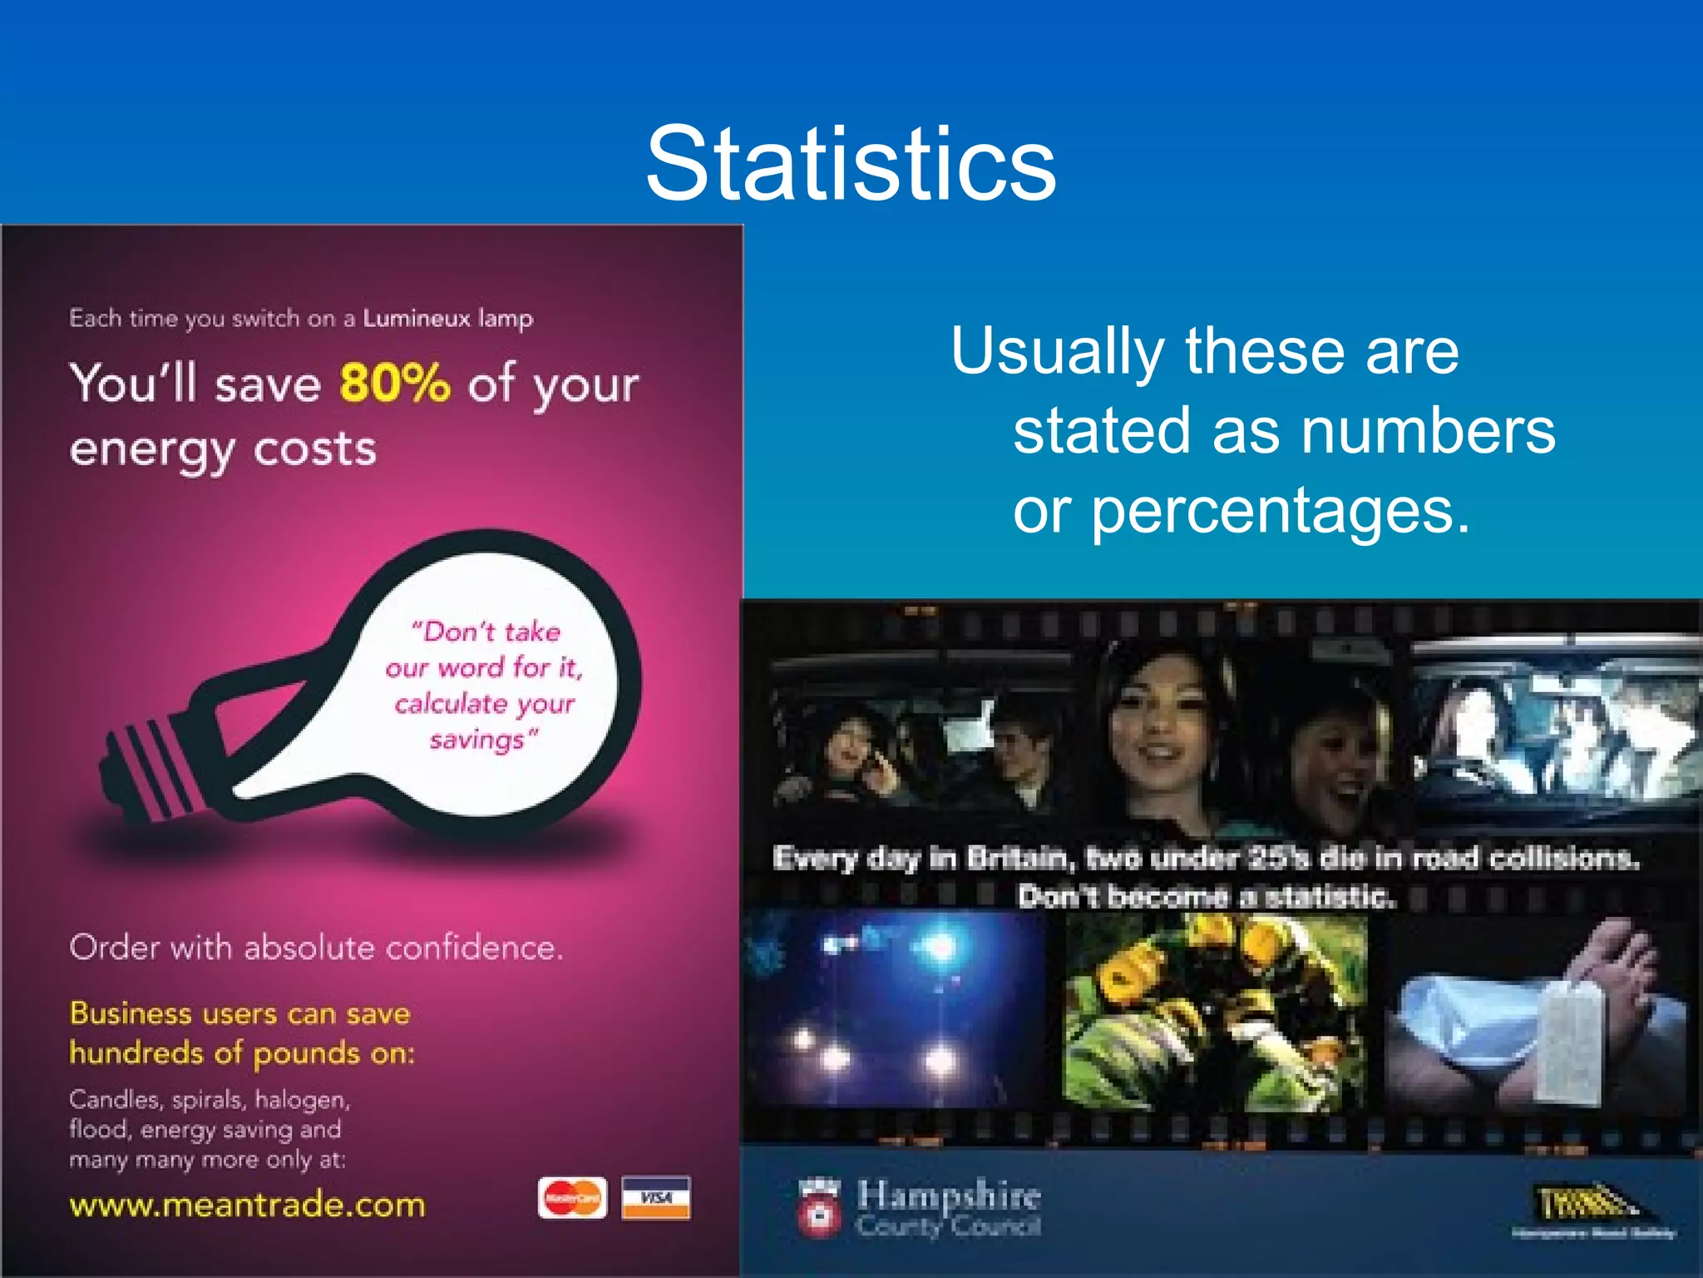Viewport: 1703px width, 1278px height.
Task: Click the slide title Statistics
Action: point(851,163)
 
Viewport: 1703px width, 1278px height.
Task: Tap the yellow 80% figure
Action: point(395,383)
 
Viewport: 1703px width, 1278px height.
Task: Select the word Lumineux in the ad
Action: point(417,319)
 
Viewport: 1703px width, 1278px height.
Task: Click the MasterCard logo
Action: point(572,1198)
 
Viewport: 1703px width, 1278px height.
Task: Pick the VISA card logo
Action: point(656,1198)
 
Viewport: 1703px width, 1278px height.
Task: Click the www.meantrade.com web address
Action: point(247,1205)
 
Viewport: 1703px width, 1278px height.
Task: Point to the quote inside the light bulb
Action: point(485,685)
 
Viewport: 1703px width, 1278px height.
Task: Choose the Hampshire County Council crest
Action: point(819,1208)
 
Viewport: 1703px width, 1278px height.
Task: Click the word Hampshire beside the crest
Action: point(949,1195)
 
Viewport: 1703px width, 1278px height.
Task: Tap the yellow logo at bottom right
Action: point(1584,1203)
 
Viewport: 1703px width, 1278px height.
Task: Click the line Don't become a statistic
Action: point(1207,897)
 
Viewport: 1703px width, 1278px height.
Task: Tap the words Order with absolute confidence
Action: point(316,948)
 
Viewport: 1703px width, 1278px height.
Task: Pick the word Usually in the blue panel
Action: point(1056,351)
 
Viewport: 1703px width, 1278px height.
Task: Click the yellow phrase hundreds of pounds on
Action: point(242,1053)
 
